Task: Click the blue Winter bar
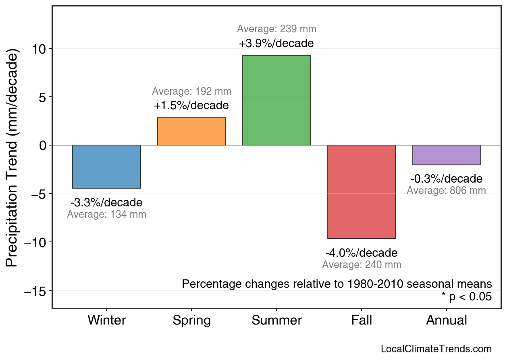tap(106, 166)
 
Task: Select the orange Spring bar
tap(191, 131)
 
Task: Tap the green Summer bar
tap(276, 100)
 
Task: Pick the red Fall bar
tap(362, 192)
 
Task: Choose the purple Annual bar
tap(447, 155)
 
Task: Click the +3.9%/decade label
tap(276, 43)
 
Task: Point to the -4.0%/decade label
tap(362, 253)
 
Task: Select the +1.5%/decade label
tap(191, 106)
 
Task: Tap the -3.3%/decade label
tap(106, 202)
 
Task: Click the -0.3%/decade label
tap(447, 179)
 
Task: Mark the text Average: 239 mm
tap(276, 29)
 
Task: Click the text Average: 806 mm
tap(447, 191)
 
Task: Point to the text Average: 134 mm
tap(106, 214)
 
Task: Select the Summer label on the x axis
tap(276, 320)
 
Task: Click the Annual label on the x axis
tap(447, 320)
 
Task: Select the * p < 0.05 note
tap(466, 297)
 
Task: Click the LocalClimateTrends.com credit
tap(436, 349)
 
